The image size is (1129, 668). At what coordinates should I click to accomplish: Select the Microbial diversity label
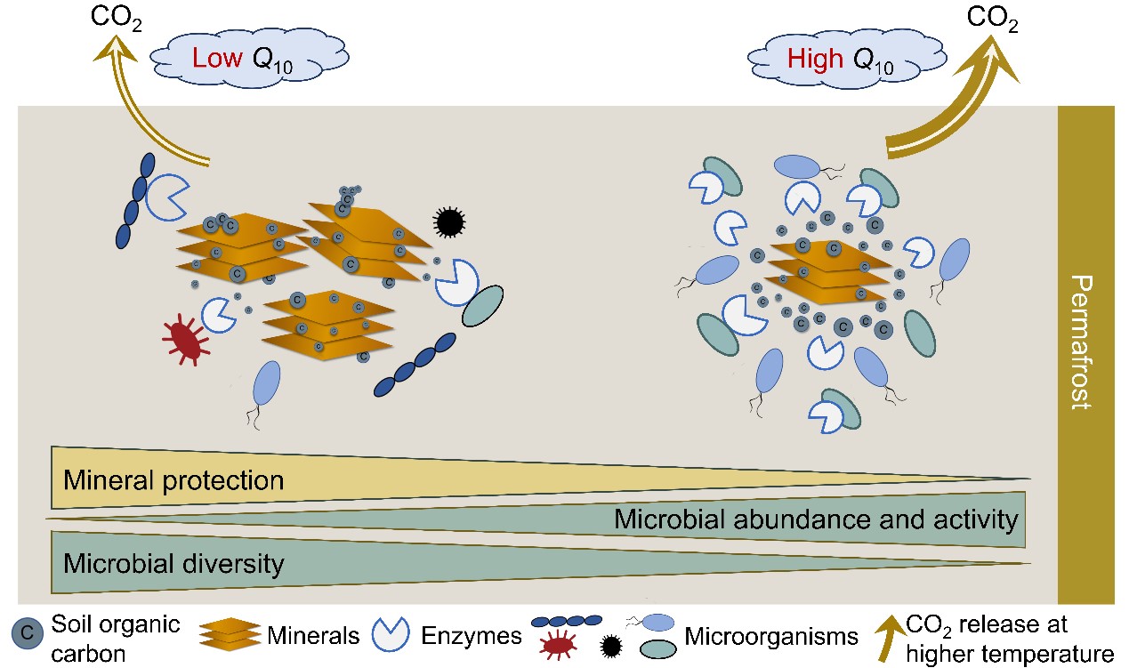[173, 562]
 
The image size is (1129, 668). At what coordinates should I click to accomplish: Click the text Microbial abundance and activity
[815, 519]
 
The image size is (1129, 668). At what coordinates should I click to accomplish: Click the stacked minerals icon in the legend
[229, 633]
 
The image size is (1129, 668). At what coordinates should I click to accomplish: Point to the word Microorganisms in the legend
[770, 636]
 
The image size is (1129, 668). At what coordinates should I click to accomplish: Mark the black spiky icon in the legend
[611, 646]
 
